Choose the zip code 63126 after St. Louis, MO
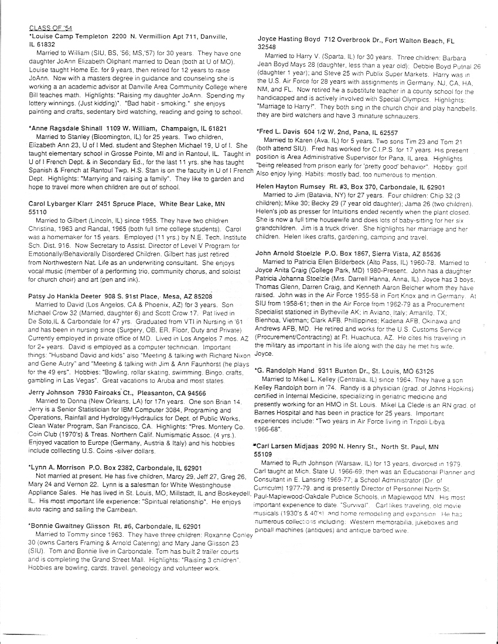(x=422, y=371)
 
